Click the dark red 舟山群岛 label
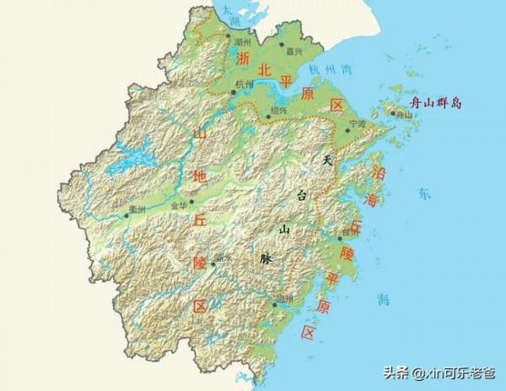434,103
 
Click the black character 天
331,160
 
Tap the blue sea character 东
423,193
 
